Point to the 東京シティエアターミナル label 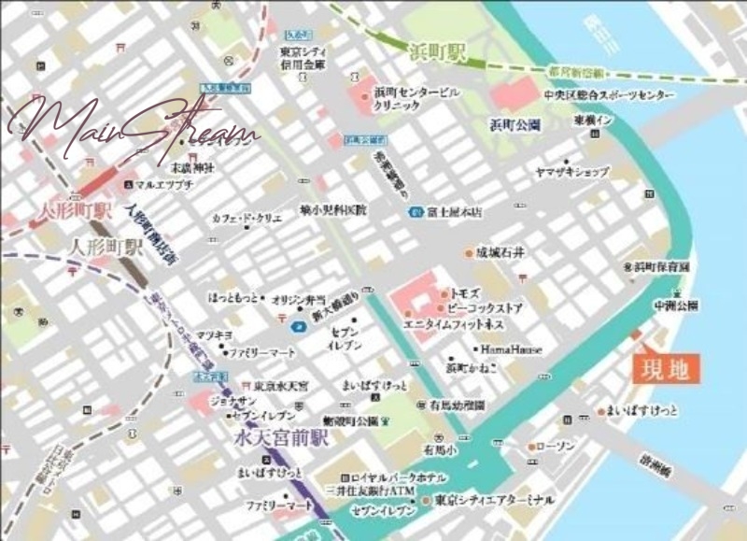coord(494,500)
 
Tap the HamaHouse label coord(511,349)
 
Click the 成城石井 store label coord(501,252)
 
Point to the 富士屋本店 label coord(453,212)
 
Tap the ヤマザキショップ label coord(571,172)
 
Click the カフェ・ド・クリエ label coord(247,218)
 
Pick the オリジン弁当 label coord(298,299)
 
